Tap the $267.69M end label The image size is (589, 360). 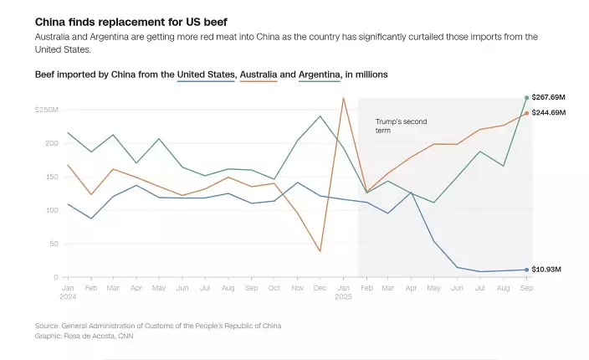coord(549,98)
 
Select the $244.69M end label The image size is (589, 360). coord(549,112)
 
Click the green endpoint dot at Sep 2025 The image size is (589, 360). coord(526,98)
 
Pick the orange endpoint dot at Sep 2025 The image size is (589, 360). coord(526,113)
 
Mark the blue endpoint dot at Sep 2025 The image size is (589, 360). coord(526,270)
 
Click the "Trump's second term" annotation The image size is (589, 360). coord(401,126)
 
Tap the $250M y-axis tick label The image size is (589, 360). coord(46,110)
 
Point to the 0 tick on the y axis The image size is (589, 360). coord(56,277)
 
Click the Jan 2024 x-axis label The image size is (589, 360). coord(68,291)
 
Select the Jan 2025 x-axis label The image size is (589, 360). coord(343,291)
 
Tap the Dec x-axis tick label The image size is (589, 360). coord(320,287)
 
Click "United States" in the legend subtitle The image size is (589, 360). coord(206,75)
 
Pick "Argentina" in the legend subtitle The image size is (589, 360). coord(319,75)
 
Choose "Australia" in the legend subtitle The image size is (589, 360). coord(258,75)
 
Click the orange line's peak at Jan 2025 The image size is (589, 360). coord(343,98)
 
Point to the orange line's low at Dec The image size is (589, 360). coord(320,251)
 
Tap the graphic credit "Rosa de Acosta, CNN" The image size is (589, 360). coord(98,336)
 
